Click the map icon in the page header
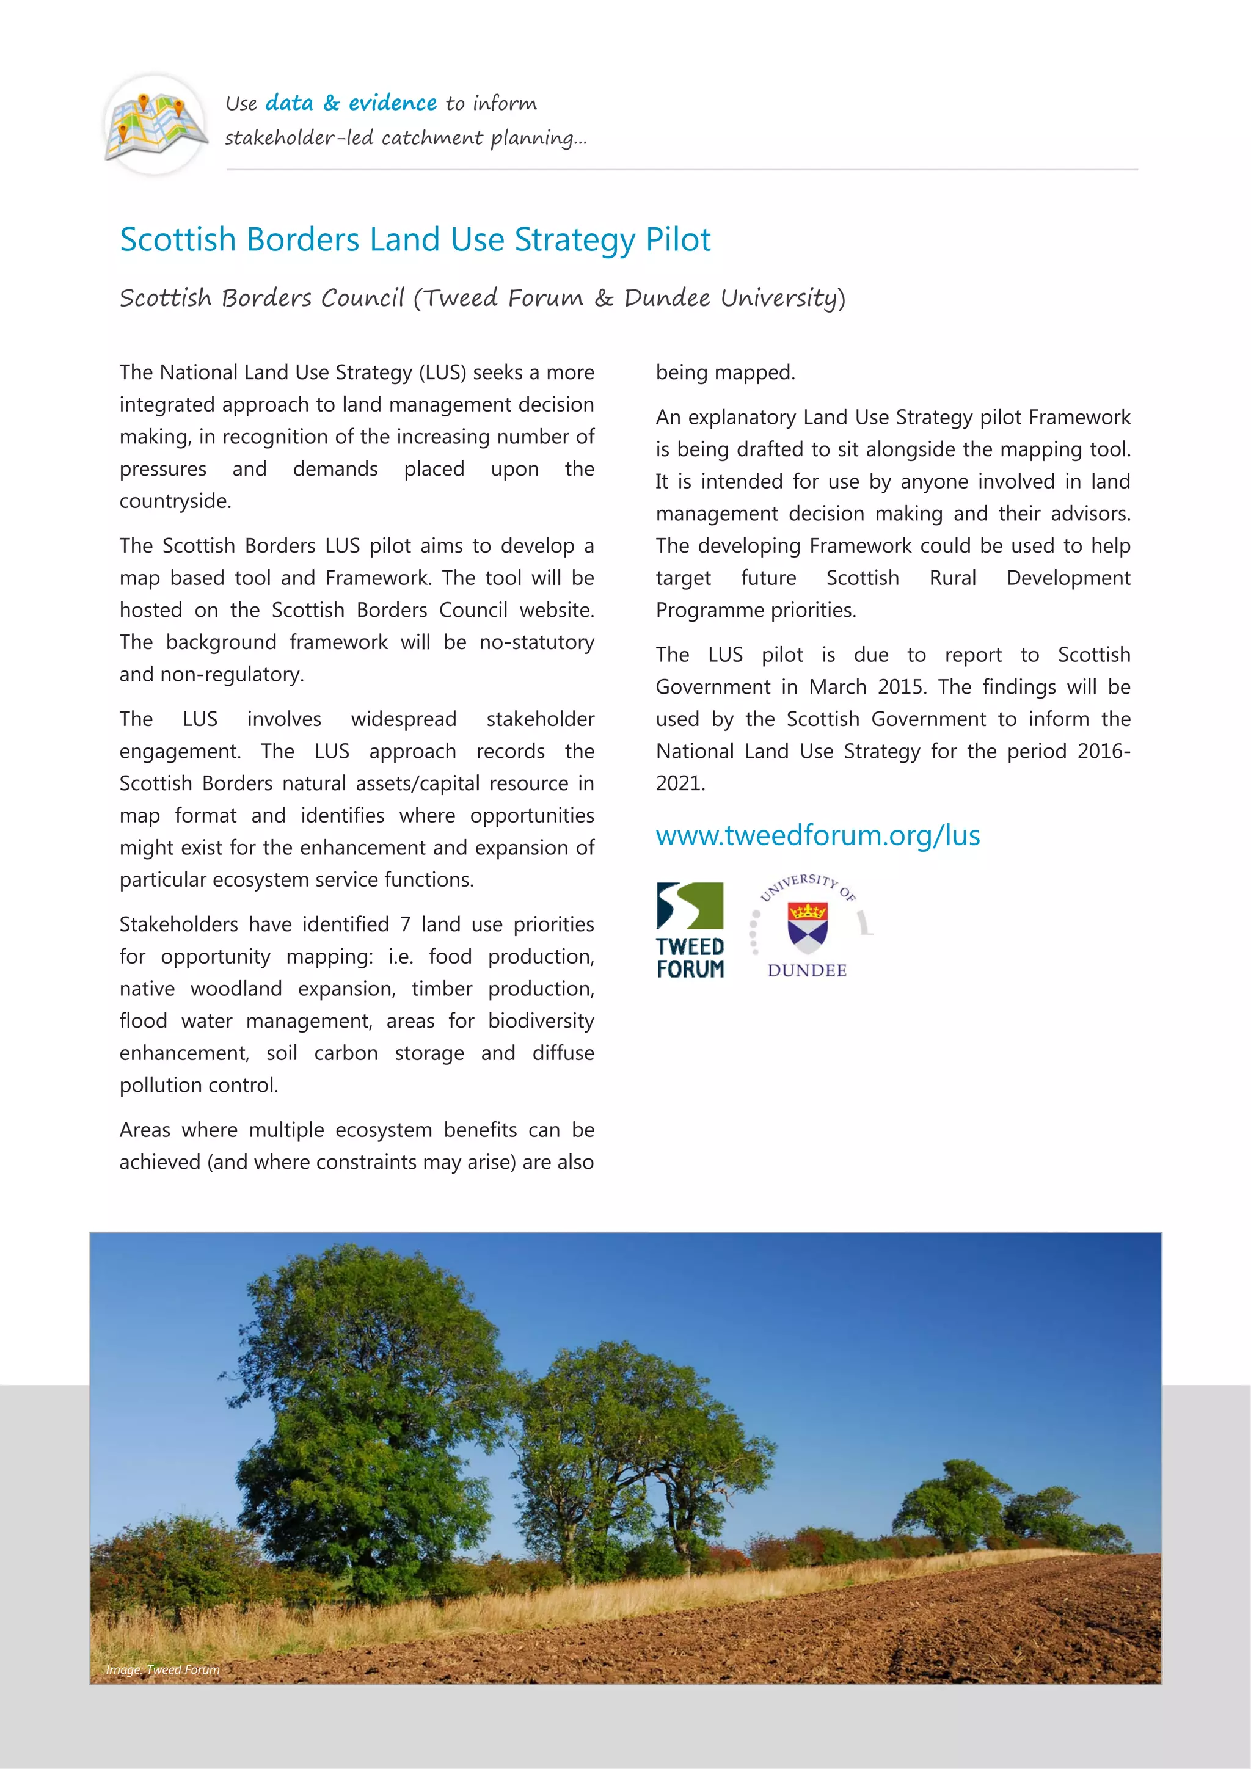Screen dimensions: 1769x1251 [x=155, y=125]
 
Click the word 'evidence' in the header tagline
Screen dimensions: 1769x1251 [x=392, y=103]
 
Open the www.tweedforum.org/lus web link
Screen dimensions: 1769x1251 [x=818, y=835]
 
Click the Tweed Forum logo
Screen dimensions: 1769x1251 [x=690, y=930]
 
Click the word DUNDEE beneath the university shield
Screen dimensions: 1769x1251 [x=807, y=971]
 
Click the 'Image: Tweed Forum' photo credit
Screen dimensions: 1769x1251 [x=162, y=1669]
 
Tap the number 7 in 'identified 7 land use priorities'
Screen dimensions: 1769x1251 [x=404, y=924]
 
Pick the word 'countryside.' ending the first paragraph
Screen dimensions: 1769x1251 [x=175, y=501]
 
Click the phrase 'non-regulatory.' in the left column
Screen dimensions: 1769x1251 [x=232, y=675]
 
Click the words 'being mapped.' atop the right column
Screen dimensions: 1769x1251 [x=724, y=373]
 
